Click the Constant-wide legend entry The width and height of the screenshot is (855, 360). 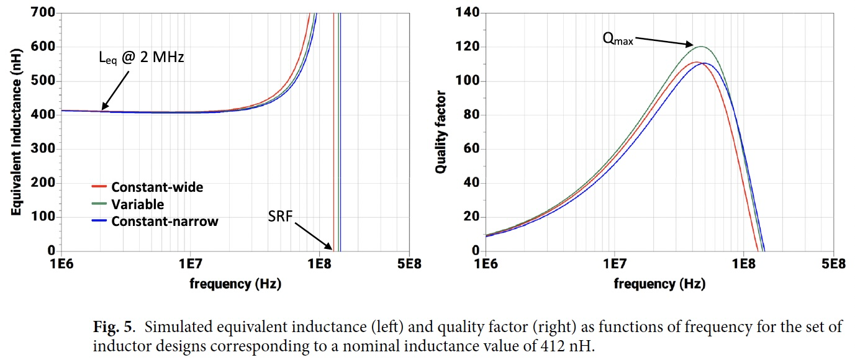point(157,187)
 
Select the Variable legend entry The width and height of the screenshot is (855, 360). point(137,204)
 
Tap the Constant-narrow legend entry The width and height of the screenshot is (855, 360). point(165,222)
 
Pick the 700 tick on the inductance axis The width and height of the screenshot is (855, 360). point(42,12)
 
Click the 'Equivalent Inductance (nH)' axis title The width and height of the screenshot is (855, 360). point(17,132)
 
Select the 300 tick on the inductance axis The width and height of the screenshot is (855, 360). point(42,149)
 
